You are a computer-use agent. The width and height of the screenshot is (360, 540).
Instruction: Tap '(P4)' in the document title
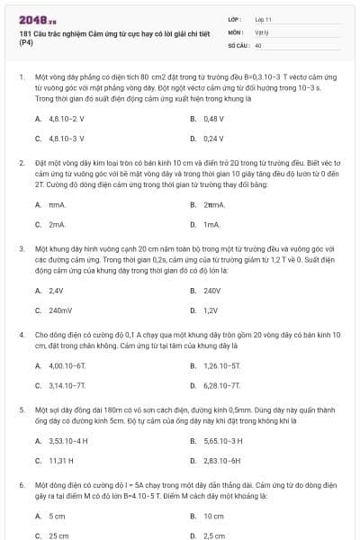pyautogui.click(x=25, y=42)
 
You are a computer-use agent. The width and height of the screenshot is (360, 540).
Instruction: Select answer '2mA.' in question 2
pyautogui.click(x=57, y=224)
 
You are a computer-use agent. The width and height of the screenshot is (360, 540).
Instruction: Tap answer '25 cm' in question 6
pyautogui.click(x=58, y=535)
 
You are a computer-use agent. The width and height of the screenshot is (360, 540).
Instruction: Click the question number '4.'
pyautogui.click(x=21, y=334)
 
